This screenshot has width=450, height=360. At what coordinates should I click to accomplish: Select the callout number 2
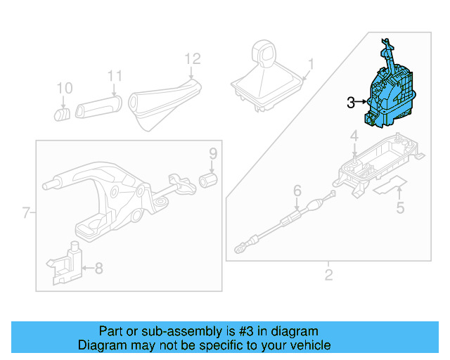(x=328, y=274)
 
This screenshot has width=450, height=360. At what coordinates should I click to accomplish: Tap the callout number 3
(x=352, y=103)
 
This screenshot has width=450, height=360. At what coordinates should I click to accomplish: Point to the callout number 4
(x=354, y=136)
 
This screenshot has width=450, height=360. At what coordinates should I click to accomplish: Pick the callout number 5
(x=400, y=207)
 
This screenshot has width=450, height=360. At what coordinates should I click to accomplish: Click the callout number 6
(x=297, y=191)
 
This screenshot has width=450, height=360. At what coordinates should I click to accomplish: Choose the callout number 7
(x=26, y=212)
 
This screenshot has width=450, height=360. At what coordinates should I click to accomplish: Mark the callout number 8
(x=98, y=267)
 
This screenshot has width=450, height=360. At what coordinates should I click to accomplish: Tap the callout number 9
(x=212, y=154)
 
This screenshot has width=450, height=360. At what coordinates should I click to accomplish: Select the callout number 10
(x=64, y=88)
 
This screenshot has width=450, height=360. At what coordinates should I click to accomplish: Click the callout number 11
(x=115, y=77)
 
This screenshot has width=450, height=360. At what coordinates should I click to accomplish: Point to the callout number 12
(x=193, y=58)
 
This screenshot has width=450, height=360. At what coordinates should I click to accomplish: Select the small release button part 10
(x=62, y=112)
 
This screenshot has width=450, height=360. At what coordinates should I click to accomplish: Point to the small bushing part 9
(x=208, y=181)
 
